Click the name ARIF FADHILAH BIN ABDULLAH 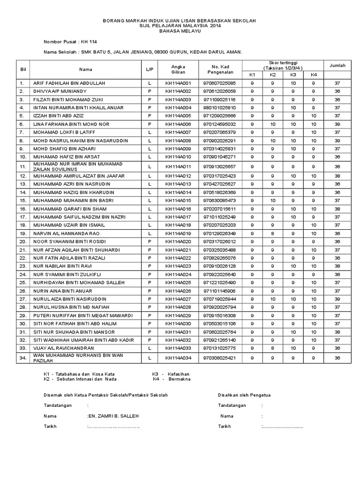tap(69, 83)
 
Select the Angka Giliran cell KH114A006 tap(179, 124)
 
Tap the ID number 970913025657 tap(219, 166)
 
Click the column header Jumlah tap(337, 66)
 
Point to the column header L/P tap(150, 69)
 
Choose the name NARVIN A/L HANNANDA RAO tap(66, 233)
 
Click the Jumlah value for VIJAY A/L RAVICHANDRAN tap(337, 348)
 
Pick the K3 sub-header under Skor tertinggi tap(293, 75)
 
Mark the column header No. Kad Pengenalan tap(219, 69)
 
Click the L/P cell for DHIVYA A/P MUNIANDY tap(150, 91)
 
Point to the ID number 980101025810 tap(219, 108)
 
